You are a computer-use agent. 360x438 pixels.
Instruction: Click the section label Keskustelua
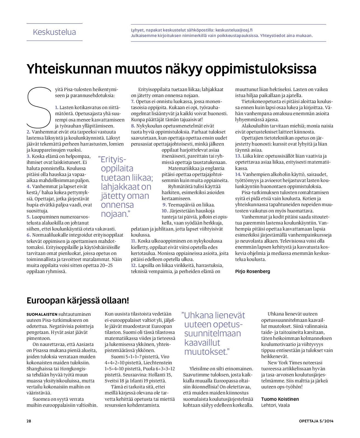click(x=54, y=32)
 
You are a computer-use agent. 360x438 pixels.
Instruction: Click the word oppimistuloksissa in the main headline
click(x=261, y=69)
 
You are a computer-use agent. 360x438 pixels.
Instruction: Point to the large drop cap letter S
click(x=39, y=107)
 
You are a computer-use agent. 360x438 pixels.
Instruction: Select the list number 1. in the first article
click(x=56, y=107)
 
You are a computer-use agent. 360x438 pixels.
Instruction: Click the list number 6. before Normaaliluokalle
click(x=29, y=235)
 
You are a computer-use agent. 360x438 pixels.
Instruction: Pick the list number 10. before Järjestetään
click(x=165, y=211)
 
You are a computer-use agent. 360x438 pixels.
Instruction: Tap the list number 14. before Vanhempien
click(x=238, y=174)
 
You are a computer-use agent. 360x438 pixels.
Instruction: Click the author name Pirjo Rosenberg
click(x=253, y=271)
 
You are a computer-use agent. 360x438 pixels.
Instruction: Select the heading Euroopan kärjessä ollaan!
click(x=78, y=300)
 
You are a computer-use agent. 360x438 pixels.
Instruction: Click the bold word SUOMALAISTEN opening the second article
click(x=42, y=314)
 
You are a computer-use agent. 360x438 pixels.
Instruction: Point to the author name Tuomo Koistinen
click(x=280, y=399)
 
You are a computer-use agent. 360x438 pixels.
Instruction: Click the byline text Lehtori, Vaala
click(x=275, y=405)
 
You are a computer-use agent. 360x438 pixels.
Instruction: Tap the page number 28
click(x=29, y=421)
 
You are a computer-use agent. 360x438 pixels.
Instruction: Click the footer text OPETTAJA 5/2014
click(x=316, y=421)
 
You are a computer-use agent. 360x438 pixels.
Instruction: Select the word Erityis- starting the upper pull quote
click(x=114, y=159)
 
